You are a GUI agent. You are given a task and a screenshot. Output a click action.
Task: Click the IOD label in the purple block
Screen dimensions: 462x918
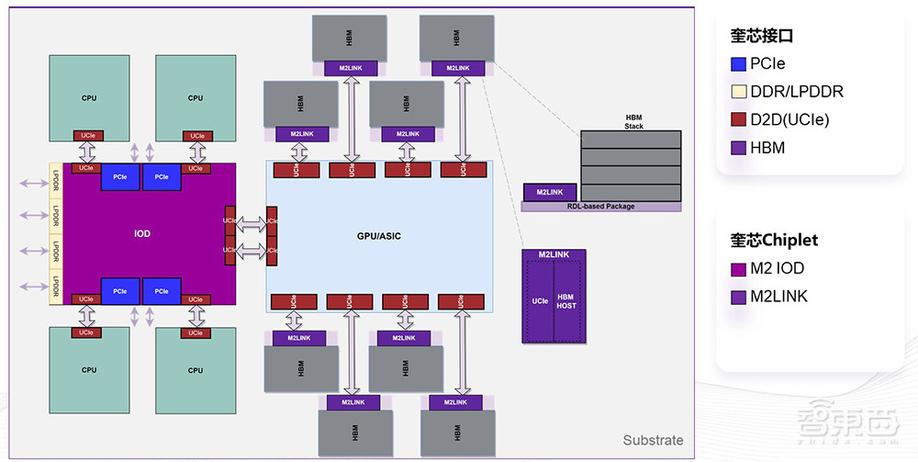pyautogui.click(x=141, y=234)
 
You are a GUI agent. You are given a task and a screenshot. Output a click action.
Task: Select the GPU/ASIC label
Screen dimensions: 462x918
pyautogui.click(x=378, y=236)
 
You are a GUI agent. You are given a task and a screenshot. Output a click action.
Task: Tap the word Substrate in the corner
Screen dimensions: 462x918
pyautogui.click(x=653, y=440)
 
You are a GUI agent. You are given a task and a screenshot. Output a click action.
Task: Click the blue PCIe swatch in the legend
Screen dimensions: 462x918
pyautogui.click(x=738, y=64)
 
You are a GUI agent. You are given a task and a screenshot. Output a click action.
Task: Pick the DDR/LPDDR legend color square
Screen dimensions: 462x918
pyautogui.click(x=738, y=92)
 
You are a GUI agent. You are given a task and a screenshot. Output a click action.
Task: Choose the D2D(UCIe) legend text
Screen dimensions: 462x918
pyautogui.click(x=789, y=119)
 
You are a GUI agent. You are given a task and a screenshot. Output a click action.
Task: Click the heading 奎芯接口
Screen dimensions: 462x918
pyautogui.click(x=762, y=36)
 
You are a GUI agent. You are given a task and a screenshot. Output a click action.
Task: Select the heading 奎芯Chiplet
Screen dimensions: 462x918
pyautogui.click(x=774, y=240)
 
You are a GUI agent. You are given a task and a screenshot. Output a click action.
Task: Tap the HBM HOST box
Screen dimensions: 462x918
pyautogui.click(x=566, y=300)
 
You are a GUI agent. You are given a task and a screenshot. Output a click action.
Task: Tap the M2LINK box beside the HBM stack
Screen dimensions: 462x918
pyautogui.click(x=549, y=192)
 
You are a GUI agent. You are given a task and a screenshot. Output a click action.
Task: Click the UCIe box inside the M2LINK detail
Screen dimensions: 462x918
pyautogui.click(x=540, y=300)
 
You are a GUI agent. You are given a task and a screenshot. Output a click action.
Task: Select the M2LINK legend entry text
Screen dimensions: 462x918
pyautogui.click(x=778, y=297)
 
